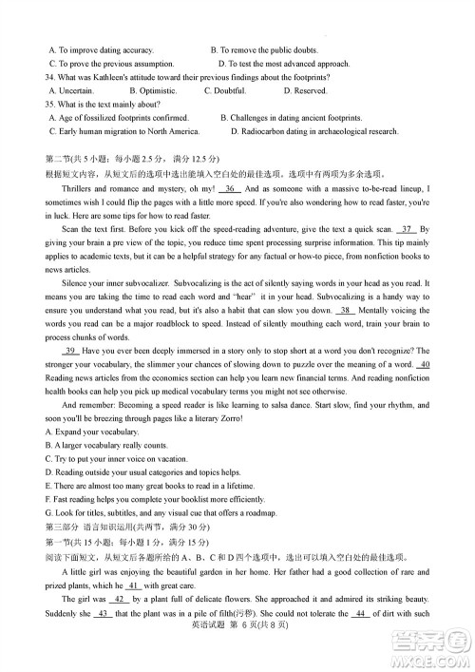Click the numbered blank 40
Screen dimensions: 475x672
pos(424,364)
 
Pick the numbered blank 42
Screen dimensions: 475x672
pos(120,601)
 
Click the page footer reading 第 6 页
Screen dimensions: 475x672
pos(237,629)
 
